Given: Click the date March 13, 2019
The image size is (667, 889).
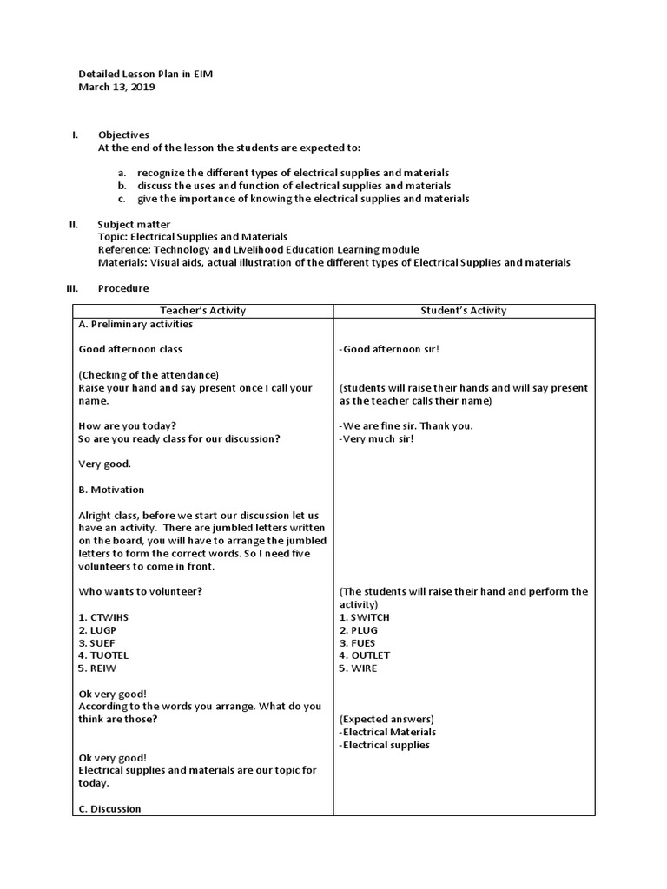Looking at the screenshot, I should pos(117,87).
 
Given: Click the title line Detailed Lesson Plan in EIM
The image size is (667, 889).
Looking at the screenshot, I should pos(145,74).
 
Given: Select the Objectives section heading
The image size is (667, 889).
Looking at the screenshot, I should pos(123,135).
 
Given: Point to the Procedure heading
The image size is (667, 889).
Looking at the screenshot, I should pos(123,288).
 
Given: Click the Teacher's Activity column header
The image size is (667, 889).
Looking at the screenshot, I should pos(203,310).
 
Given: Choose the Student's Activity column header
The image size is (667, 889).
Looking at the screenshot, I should pos(464,310).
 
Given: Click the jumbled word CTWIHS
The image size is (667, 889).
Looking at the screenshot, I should pos(102,617).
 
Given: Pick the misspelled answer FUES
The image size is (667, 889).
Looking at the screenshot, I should pos(359,642).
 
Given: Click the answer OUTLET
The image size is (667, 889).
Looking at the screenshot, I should pos(365,655).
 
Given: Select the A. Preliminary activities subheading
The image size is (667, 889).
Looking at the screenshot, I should pos(135,324).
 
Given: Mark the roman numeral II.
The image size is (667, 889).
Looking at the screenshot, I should pos(74,224).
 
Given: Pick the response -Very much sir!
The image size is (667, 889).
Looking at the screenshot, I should pos(376,438).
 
